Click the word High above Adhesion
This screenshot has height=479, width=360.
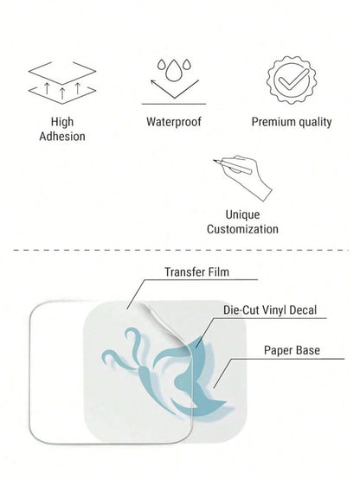pos(62,122)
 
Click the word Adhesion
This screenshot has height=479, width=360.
pos(62,137)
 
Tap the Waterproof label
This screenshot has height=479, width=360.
pos(174,122)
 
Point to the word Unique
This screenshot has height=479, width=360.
pos(242,214)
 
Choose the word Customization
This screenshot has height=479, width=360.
pos(242,229)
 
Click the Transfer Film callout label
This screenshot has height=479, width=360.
pos(197,271)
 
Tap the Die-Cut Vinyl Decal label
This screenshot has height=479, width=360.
pos(270,310)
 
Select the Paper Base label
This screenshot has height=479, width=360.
pos(292,350)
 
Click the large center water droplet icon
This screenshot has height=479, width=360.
pos(173,71)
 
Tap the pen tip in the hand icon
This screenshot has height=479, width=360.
pos(215,160)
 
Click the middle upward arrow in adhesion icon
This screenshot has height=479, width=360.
pos(62,93)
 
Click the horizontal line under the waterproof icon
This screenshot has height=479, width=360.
pos(174,104)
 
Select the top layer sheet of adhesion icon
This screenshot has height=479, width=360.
pos(62,73)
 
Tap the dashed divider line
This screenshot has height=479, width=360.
pos(181,250)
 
